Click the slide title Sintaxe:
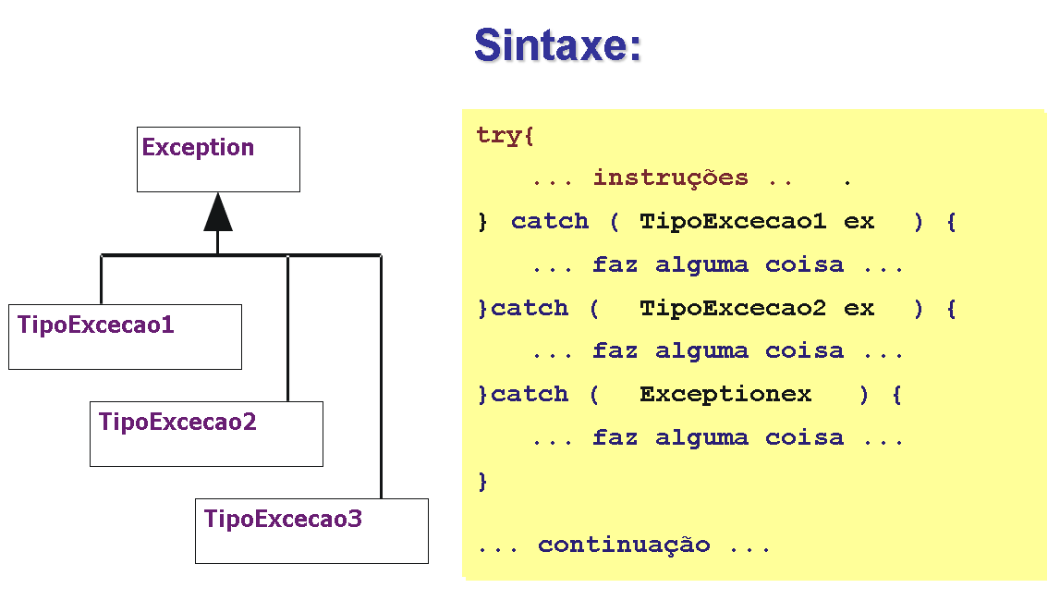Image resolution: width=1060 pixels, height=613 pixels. pos(557,44)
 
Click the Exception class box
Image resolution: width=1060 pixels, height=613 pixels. pos(218,160)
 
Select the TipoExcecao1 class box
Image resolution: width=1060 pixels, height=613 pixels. pos(125,337)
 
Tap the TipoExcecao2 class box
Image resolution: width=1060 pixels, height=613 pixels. pos(206,435)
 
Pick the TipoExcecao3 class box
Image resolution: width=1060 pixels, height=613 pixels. pos(311,532)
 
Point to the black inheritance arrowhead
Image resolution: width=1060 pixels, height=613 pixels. pos(218,213)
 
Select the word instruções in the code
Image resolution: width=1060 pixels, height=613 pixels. pos(670,178)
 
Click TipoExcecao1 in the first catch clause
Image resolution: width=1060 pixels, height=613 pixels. pos(732,221)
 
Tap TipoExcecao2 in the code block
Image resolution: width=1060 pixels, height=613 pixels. pos(732,308)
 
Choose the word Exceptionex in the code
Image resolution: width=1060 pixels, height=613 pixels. pos(725,395)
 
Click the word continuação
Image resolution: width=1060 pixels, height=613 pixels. pos(624,545)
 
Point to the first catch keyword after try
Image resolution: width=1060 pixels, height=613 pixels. pos(550,221)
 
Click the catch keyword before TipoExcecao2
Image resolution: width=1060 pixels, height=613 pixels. pos(530,308)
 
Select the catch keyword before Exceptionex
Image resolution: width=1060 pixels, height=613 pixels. pos(530,395)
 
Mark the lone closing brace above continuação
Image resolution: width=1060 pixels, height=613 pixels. pos(482,481)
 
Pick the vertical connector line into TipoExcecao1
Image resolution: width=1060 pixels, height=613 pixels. pos(101,279)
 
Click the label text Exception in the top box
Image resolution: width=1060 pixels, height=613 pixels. pos(198,148)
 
